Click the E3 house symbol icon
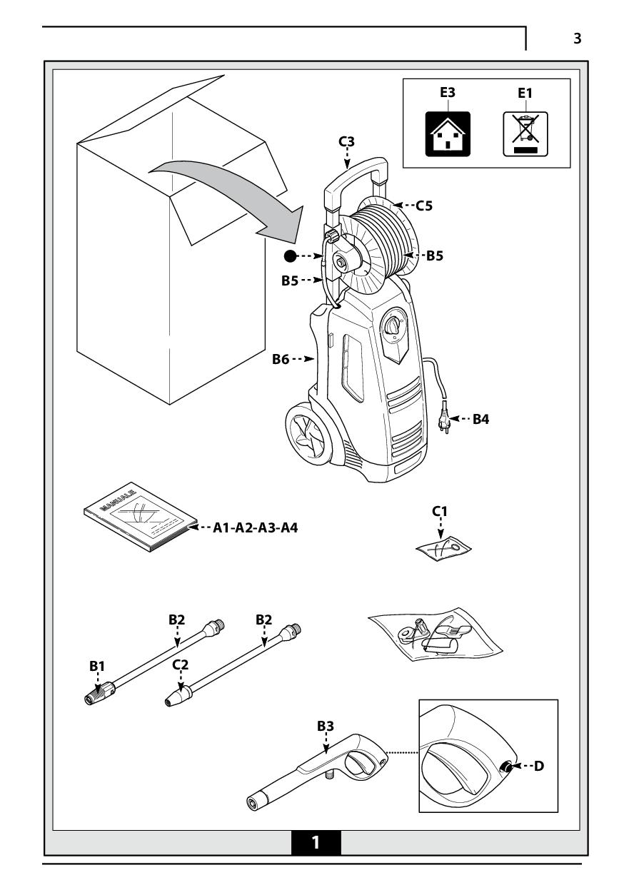448,133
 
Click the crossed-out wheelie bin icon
525,133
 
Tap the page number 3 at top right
577,39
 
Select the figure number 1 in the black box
316,842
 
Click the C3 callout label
346,141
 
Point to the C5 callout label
424,206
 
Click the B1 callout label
97,665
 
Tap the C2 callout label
181,664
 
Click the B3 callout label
326,726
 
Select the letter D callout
539,766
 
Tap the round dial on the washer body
393,325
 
